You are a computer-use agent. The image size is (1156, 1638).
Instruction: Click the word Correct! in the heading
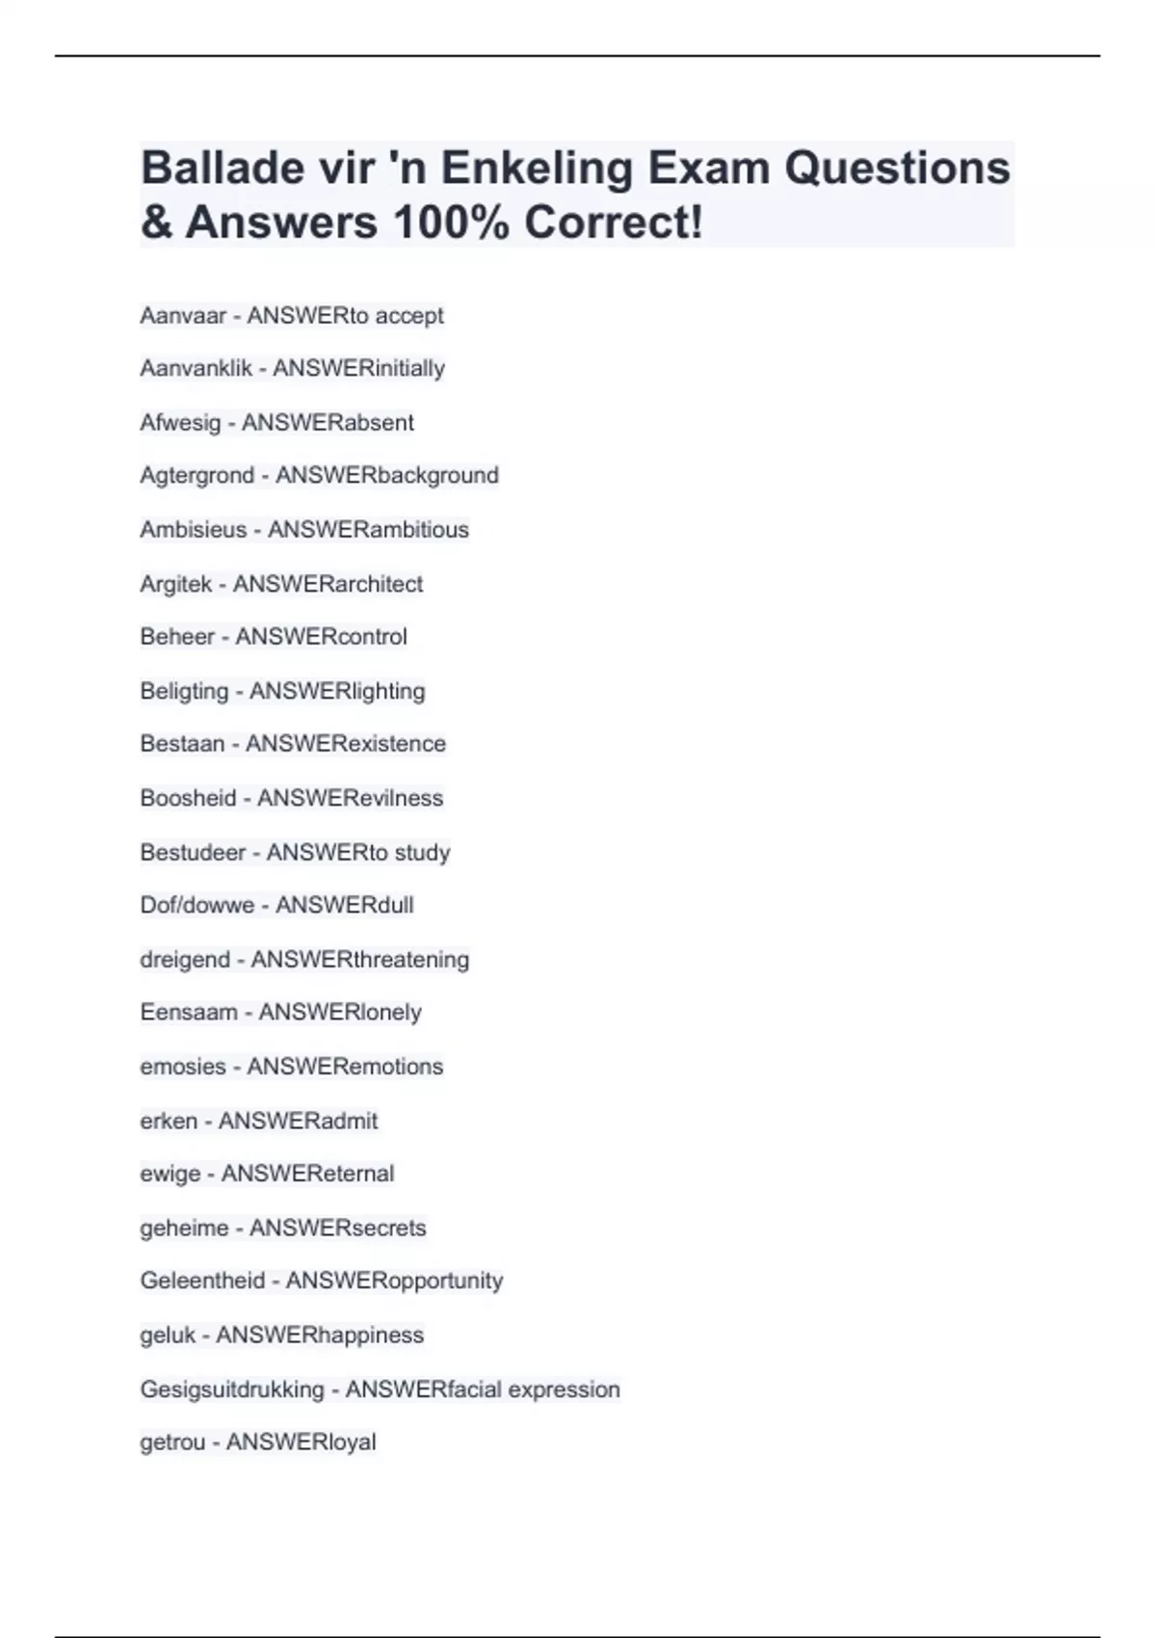pos(614,223)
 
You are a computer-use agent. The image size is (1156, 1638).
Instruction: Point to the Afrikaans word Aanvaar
pos(183,316)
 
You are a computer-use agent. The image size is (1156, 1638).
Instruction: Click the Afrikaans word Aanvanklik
pos(196,369)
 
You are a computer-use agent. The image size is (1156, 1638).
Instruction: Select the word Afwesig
pos(180,423)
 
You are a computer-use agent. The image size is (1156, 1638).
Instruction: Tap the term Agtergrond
pos(197,476)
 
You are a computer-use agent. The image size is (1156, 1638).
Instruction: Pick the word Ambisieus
pos(193,530)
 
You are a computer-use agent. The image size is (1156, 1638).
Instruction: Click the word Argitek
pos(175,584)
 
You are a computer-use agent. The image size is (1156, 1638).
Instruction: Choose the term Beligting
pos(184,691)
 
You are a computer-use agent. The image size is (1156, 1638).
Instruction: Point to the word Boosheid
pos(188,798)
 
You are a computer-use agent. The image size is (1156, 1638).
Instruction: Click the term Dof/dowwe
pos(197,906)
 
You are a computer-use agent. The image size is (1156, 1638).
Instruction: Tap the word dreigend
pos(185,960)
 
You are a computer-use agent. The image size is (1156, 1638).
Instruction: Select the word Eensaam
pos(188,1013)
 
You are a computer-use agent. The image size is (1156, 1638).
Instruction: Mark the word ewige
pos(171,1174)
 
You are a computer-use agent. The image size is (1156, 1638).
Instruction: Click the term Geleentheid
pos(202,1281)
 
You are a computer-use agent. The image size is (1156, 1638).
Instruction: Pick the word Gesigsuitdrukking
pos(232,1389)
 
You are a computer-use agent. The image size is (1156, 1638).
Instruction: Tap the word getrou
pos(172,1442)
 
